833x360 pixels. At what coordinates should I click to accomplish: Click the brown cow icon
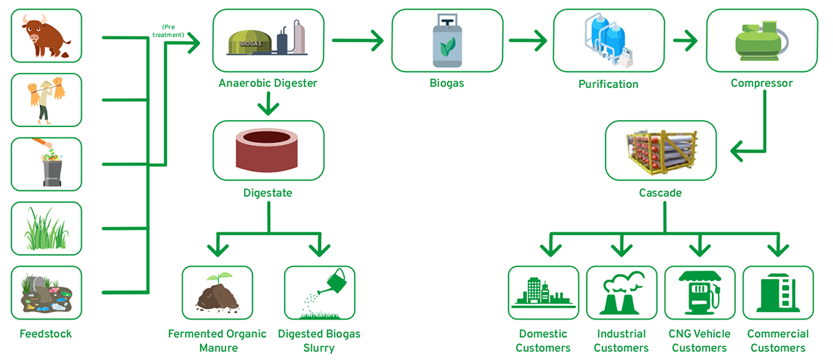point(45,36)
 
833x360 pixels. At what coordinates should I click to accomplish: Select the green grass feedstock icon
point(46,228)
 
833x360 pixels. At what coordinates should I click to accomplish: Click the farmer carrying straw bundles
point(46,100)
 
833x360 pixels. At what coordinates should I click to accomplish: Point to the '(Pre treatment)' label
point(168,31)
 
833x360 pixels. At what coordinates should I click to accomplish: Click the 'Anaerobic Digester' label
point(268,83)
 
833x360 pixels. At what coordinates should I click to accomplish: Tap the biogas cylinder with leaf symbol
point(447,41)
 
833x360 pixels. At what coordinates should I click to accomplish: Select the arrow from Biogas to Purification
point(528,40)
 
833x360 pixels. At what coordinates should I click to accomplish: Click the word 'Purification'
point(608,84)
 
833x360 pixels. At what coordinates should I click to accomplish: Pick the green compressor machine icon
point(761,41)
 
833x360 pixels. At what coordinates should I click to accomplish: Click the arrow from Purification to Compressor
point(685,40)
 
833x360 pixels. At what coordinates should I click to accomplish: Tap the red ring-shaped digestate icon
point(267,150)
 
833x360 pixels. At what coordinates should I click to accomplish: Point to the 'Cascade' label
point(660,192)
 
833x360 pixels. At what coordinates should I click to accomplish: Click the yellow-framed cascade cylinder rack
point(661,152)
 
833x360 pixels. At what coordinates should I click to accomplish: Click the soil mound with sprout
point(217,292)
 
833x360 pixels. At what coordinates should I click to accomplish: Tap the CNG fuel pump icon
point(700,292)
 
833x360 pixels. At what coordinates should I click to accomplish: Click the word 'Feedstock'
point(46,334)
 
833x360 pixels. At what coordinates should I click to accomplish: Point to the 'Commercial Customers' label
point(778,341)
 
